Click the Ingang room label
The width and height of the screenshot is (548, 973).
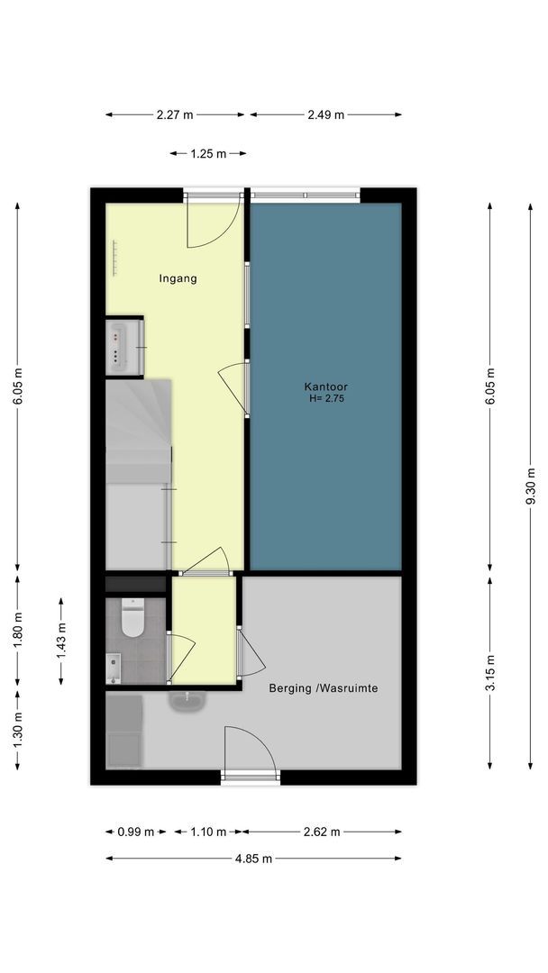pos(178,278)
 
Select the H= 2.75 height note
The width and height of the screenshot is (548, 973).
pos(326,399)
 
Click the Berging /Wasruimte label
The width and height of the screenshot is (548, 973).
pos(324,688)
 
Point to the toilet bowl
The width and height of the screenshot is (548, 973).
pos(132,619)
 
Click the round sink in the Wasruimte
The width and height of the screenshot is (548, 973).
pos(187,702)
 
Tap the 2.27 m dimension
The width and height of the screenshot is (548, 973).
pos(175,114)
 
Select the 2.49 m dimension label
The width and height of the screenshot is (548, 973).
pos(325,114)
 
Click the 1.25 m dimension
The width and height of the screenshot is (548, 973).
pos(208,154)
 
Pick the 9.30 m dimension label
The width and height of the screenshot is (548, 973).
pos(531,486)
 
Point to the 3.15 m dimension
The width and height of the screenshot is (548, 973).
pos(490,673)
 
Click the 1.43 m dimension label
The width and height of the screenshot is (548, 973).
pos(60,641)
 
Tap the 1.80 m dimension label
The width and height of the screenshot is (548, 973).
pos(17,631)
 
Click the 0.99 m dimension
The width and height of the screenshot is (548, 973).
pos(135,832)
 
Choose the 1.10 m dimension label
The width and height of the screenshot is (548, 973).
pos(208,832)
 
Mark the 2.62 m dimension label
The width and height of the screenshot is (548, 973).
pos(322,832)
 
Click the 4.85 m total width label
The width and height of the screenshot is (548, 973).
pos(253,859)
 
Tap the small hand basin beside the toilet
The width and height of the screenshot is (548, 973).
pos(113,668)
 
